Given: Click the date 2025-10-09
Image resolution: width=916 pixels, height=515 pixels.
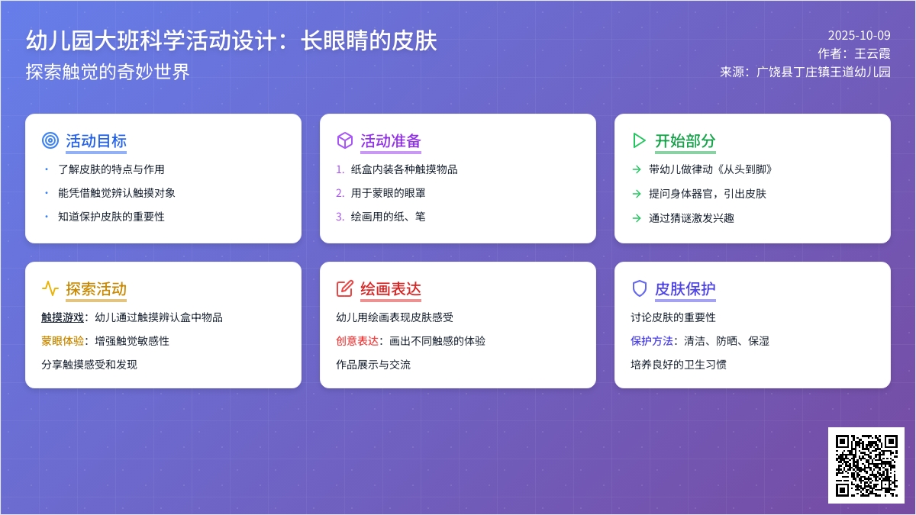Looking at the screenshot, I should tap(859, 35).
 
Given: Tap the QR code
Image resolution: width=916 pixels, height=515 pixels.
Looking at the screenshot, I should tap(866, 465).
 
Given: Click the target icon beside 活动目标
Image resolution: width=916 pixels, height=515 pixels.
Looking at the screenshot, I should tap(50, 140).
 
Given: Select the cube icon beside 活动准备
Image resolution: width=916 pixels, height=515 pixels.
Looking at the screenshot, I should tap(344, 140).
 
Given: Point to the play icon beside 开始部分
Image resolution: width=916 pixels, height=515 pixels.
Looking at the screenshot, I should tap(639, 140).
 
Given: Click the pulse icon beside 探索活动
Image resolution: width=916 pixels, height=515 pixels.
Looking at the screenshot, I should tap(50, 288).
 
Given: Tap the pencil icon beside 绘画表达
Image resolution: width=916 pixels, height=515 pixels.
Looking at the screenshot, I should tap(344, 288).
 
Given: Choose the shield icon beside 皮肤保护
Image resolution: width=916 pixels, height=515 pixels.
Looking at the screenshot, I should tap(639, 288).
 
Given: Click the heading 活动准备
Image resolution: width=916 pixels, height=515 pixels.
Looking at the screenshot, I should tap(390, 141).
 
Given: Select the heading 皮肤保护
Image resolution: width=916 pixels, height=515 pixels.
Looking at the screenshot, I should tap(685, 289).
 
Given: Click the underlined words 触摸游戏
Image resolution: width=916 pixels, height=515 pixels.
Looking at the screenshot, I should tap(63, 317).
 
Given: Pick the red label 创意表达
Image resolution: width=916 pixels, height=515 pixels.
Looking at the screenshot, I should tap(357, 341).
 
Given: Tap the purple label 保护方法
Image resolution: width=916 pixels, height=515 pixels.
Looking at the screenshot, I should tap(652, 341).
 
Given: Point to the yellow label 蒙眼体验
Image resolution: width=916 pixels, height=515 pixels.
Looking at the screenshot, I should tap(63, 341).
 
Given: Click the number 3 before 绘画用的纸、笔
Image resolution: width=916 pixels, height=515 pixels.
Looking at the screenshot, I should tap(340, 217).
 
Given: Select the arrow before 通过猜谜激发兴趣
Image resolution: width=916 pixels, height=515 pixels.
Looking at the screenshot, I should tap(637, 218).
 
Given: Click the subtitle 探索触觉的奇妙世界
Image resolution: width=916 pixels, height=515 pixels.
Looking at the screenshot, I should tap(108, 72).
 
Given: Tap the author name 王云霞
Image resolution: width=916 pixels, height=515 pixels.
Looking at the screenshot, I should tap(872, 54).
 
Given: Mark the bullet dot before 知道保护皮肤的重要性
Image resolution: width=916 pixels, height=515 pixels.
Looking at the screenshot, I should tap(47, 217).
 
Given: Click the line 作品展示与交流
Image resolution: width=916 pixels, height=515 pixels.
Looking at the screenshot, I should tap(373, 365).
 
